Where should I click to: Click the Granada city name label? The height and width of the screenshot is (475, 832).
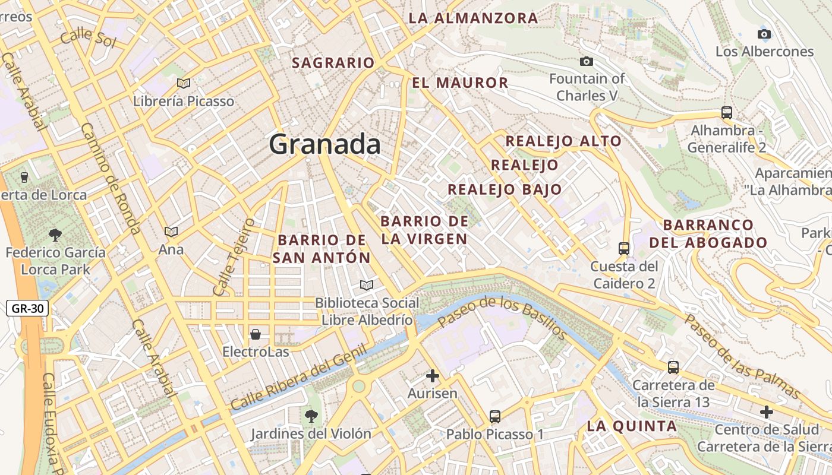324,144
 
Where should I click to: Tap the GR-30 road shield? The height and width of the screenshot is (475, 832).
27,309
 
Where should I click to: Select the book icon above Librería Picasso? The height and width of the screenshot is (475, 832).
184,84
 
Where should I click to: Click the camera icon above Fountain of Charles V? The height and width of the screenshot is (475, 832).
587,61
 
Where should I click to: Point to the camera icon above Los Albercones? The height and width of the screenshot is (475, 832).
764,34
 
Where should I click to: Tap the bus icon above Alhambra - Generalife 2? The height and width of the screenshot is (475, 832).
726,112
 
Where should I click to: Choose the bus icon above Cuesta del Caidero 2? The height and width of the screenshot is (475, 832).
624,248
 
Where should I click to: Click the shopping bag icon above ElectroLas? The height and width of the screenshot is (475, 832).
256,334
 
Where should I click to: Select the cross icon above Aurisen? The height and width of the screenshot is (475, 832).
433,376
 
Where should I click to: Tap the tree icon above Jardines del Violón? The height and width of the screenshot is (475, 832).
310,416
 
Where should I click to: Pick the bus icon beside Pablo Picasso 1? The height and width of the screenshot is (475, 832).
495,416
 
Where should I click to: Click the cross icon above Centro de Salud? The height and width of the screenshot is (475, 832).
767,411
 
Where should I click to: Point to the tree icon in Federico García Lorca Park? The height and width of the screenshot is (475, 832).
55,235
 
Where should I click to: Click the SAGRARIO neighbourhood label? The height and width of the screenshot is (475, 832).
333,63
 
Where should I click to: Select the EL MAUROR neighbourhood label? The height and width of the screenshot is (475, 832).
460,83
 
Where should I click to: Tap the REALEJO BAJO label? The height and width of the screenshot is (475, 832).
505,189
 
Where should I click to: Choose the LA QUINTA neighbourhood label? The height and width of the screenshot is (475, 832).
632,426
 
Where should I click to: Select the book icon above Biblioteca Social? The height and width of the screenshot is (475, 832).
367,286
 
